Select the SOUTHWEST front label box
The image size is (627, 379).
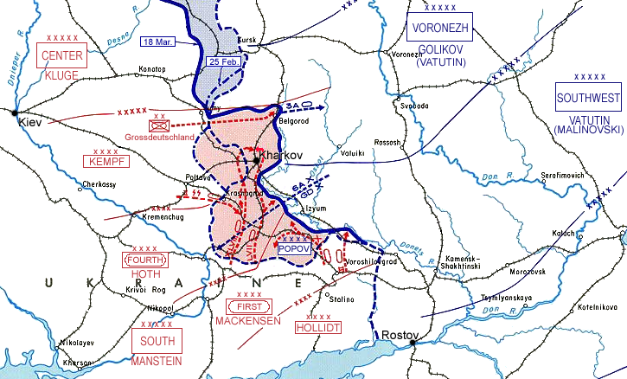point(588,98)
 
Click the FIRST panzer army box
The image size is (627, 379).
point(251,306)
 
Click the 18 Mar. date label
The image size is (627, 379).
point(159,42)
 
